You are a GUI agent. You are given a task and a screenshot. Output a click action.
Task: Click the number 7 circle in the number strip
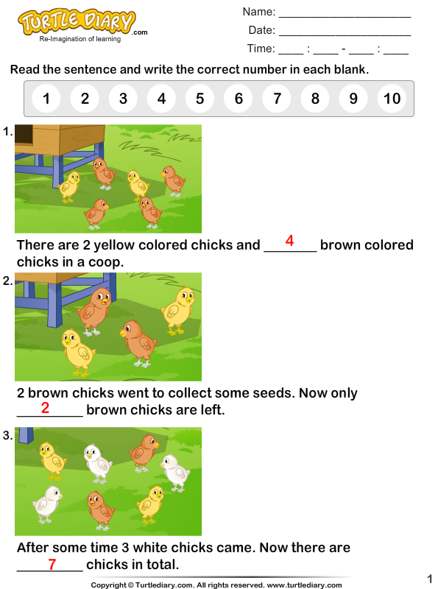click(x=277, y=99)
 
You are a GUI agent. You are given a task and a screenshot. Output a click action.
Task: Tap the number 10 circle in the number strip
click(x=392, y=99)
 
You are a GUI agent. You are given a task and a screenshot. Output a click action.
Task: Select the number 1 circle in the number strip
click(x=46, y=99)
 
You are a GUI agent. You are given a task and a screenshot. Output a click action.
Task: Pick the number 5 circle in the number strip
click(x=199, y=99)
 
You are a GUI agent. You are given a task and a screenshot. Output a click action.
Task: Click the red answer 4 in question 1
click(x=289, y=241)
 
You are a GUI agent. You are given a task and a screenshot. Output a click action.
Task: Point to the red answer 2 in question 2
click(x=45, y=406)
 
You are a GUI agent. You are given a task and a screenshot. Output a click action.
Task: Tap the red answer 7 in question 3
click(x=52, y=565)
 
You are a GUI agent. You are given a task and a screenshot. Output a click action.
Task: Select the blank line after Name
click(x=345, y=13)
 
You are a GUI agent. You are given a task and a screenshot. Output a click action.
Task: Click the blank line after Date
click(x=345, y=31)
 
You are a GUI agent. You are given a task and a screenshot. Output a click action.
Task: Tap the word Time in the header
click(x=261, y=49)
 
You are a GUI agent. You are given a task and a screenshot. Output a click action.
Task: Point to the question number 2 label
click(x=7, y=281)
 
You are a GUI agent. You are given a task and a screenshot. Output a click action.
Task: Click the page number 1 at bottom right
click(x=429, y=578)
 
